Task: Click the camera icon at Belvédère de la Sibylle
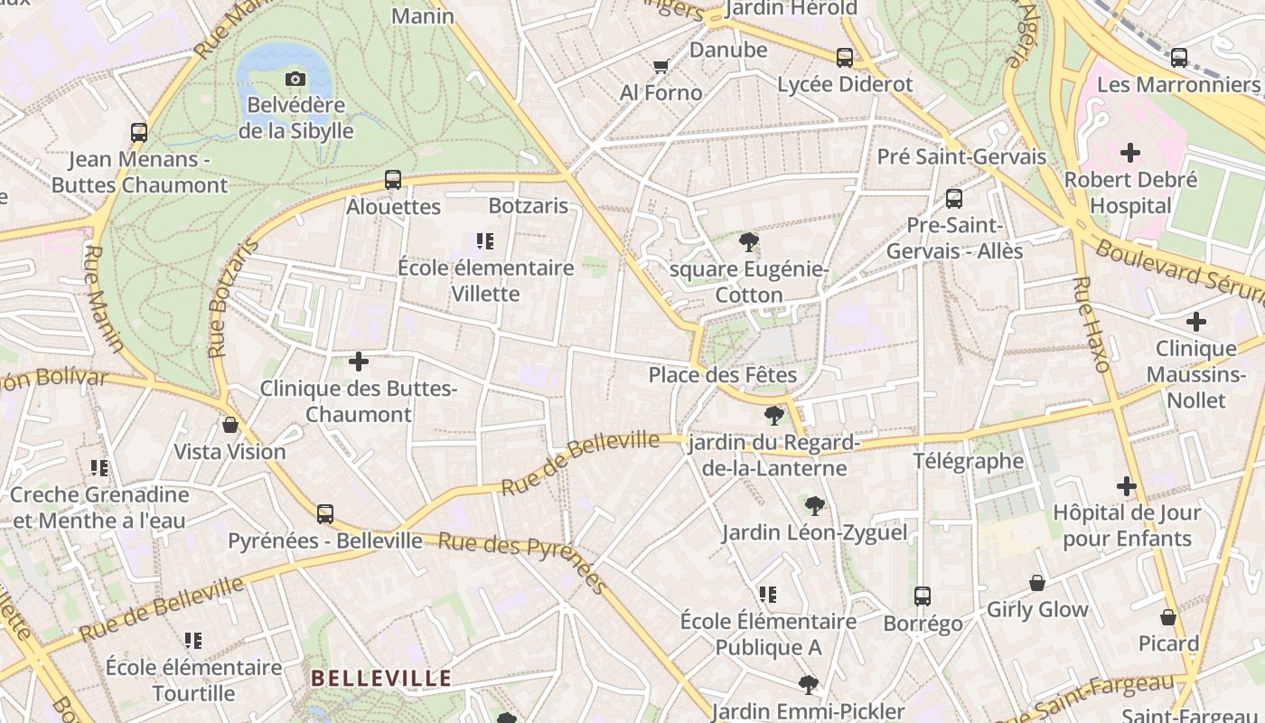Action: point(295,80)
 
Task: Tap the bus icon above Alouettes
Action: point(393,179)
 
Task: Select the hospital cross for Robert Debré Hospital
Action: point(1130,153)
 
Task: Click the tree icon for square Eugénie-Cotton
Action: point(748,242)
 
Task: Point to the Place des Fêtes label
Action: point(723,375)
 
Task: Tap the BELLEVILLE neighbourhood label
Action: point(380,679)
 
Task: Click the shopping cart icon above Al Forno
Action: point(661,66)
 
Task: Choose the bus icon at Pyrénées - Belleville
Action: point(325,514)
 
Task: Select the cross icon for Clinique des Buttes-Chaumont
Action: point(359,362)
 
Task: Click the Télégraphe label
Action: point(969,462)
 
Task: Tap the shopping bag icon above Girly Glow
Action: point(1037,583)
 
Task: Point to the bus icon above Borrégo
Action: point(923,596)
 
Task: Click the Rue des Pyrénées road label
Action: point(522,561)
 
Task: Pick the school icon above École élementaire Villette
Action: point(486,241)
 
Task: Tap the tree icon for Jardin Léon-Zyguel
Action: point(814,505)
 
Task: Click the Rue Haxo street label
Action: point(1090,324)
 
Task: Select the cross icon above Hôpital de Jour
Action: point(1127,487)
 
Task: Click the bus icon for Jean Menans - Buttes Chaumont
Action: point(139,133)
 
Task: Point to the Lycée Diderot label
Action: point(846,84)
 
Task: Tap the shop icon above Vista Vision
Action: point(230,425)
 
